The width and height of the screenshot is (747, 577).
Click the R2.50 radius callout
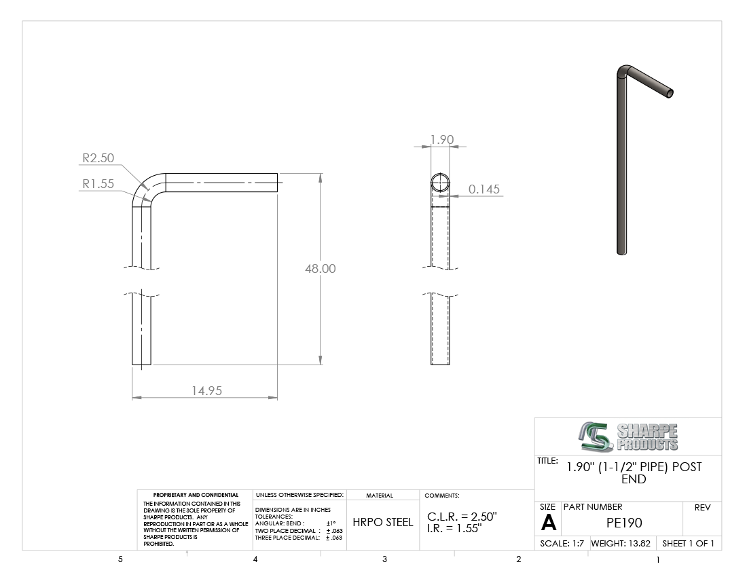pyautogui.click(x=98, y=157)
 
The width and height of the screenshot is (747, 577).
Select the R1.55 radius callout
pyautogui.click(x=98, y=184)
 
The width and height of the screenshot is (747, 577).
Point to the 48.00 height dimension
pyautogui.click(x=320, y=269)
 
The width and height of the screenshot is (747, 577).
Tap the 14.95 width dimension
pyautogui.click(x=206, y=390)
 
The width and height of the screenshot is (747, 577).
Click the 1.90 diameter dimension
pyautogui.click(x=441, y=139)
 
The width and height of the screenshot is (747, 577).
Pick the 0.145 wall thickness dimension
pyautogui.click(x=484, y=189)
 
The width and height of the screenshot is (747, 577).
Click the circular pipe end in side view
pyautogui.click(x=440, y=183)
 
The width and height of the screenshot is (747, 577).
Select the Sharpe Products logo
pyautogui.click(x=628, y=436)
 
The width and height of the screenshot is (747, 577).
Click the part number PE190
pyautogui.click(x=624, y=523)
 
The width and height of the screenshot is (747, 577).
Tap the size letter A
pyautogui.click(x=548, y=523)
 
